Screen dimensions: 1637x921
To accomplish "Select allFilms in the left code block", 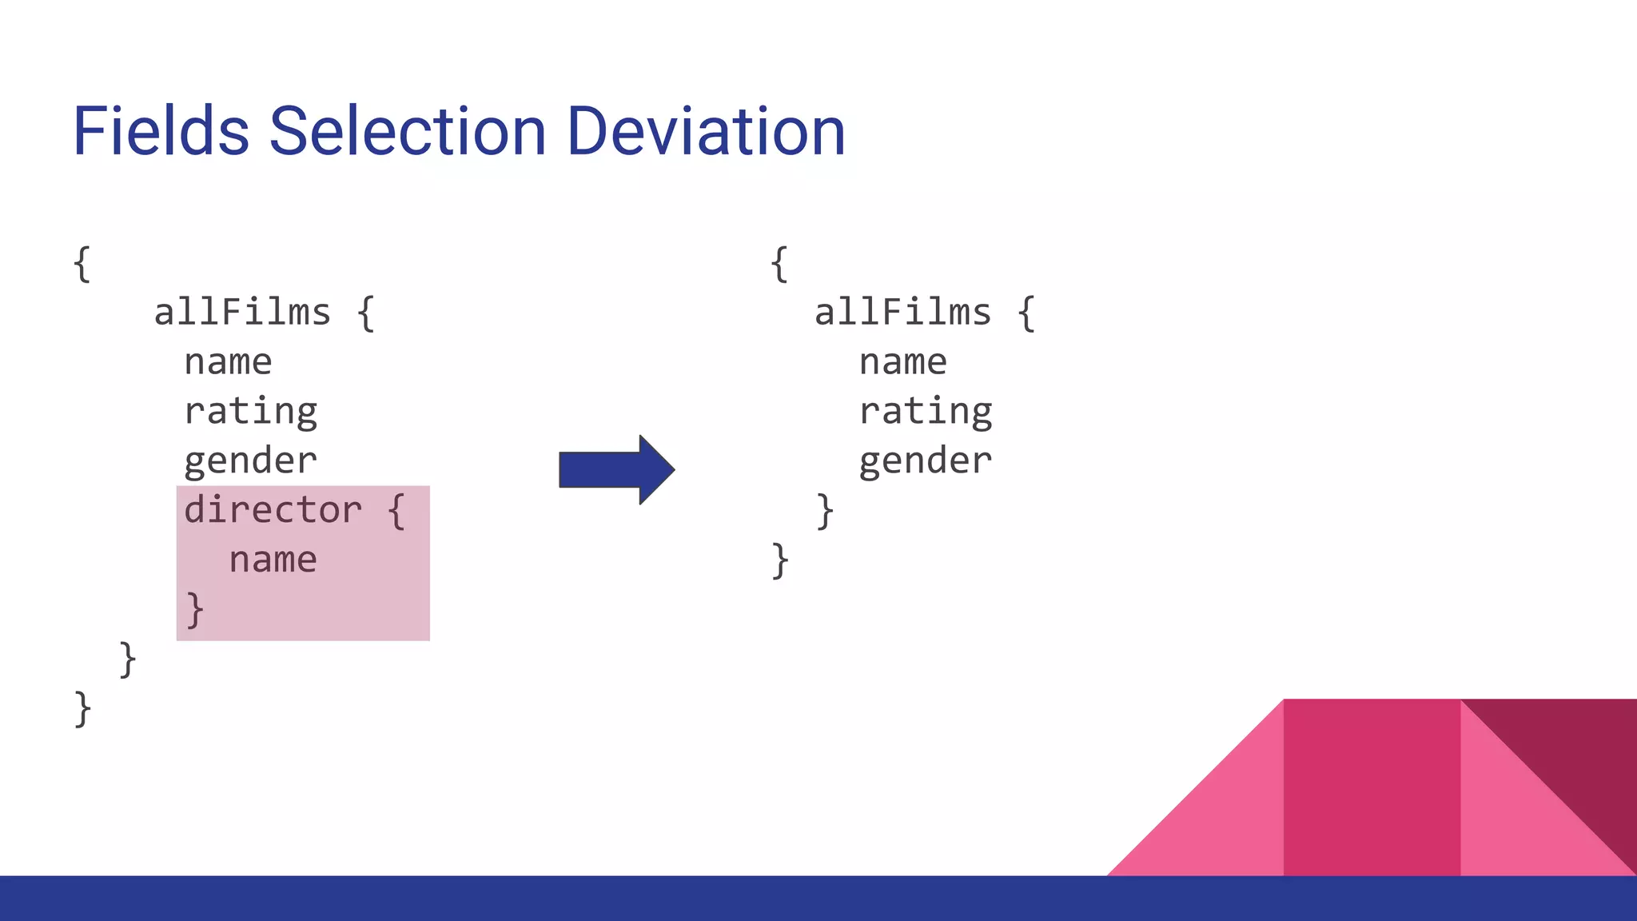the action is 242,312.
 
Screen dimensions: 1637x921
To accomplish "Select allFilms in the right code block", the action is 902,312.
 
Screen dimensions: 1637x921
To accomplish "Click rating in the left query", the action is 250,412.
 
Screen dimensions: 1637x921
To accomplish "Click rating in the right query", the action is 926,412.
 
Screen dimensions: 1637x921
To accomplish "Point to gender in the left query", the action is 250,461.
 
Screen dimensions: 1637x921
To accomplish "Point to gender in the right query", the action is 926,461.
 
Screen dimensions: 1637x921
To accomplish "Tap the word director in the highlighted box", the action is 273,510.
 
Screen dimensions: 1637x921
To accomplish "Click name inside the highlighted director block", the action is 273,560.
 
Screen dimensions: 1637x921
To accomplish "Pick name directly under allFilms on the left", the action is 228,362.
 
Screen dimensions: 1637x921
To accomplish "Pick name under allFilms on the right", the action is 903,362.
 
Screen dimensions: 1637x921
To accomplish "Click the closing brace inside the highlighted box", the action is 195,610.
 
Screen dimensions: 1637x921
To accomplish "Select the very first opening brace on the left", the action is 82,264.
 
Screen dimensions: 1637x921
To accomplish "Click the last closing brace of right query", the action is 780,560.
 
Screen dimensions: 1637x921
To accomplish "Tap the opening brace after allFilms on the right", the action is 1026,313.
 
